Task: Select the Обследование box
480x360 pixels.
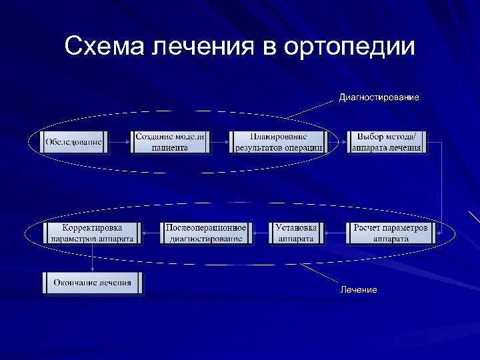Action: pos(74,142)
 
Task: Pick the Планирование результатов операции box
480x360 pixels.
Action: pos(279,142)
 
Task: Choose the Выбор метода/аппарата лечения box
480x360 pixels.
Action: pos(387,142)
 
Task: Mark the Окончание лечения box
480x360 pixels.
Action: pos(93,283)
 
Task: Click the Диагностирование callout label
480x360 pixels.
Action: pos(379,98)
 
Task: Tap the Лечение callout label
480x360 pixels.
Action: pos(359,290)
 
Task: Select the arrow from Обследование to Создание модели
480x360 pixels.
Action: pos(119,142)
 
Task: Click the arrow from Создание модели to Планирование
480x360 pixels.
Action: pos(219,142)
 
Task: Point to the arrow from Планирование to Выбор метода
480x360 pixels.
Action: pos(337,142)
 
